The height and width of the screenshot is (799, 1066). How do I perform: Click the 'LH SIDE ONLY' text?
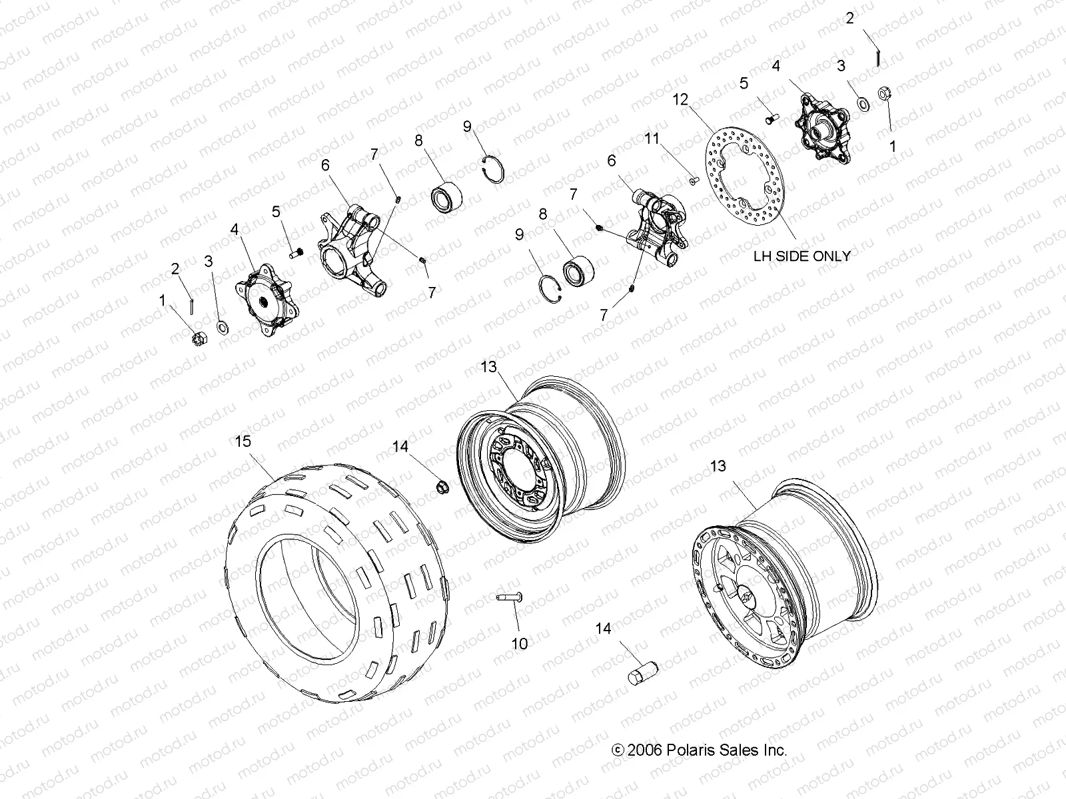(x=801, y=256)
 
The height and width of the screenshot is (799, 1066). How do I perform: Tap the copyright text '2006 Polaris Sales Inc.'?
(x=707, y=750)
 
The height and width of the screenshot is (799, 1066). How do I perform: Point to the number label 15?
(x=243, y=441)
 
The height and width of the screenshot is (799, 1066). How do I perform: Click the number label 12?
(x=680, y=100)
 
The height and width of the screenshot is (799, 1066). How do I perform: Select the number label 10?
(x=519, y=643)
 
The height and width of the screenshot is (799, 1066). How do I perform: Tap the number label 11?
(x=652, y=138)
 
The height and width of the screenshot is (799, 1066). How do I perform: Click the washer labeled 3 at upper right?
(x=861, y=104)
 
